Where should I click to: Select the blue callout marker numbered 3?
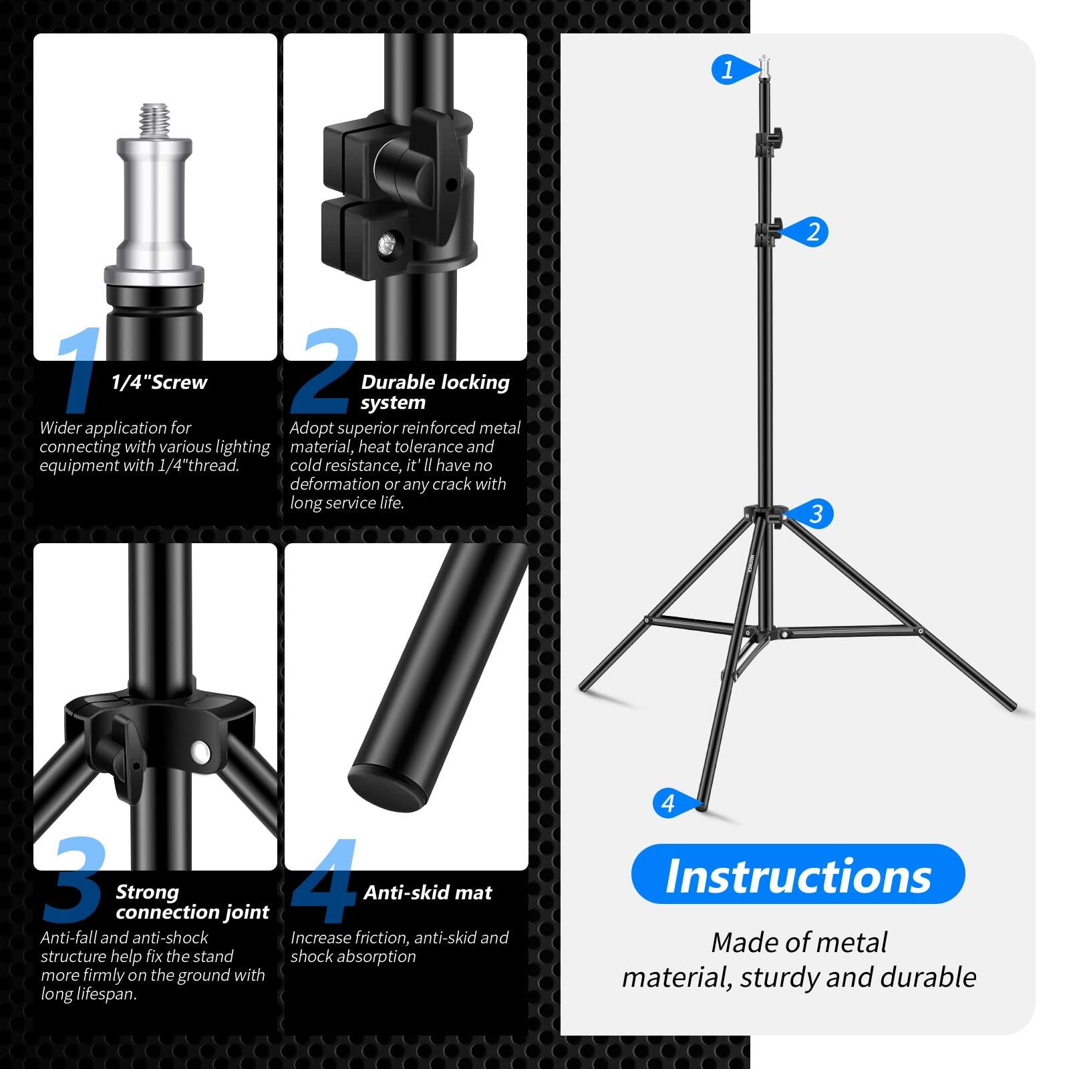[x=814, y=514]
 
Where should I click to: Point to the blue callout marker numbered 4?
[x=669, y=803]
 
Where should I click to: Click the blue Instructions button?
[x=798, y=875]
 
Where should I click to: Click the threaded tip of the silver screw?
[x=154, y=120]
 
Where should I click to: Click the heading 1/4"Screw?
[x=159, y=382]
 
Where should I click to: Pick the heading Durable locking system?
[x=434, y=392]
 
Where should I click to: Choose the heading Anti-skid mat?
[x=428, y=893]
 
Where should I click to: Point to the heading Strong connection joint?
[x=192, y=902]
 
